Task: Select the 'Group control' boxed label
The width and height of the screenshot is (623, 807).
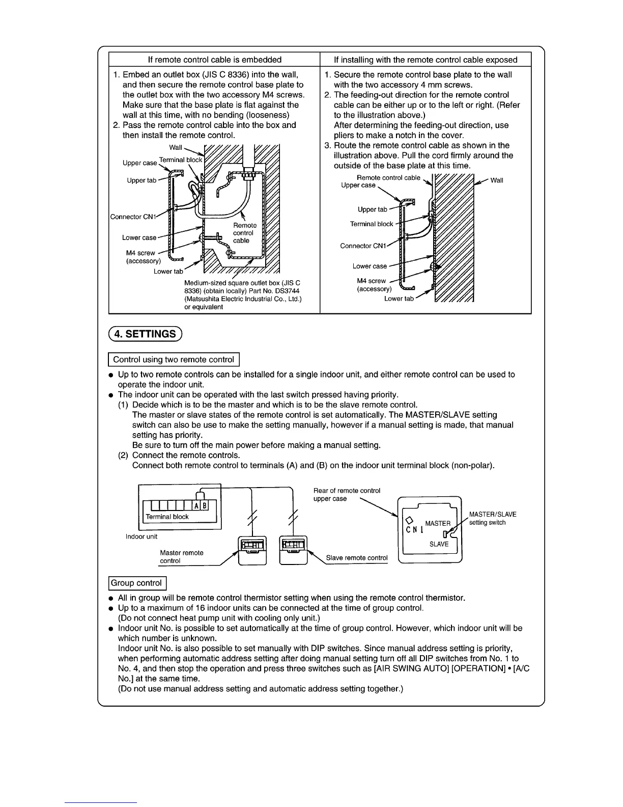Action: (136, 583)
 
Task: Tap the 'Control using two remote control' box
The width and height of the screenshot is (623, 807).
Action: (174, 360)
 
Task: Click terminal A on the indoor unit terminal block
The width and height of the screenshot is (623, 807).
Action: (196, 506)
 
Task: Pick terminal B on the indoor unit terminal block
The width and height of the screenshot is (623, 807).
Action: (205, 506)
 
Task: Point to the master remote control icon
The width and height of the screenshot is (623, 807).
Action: (253, 549)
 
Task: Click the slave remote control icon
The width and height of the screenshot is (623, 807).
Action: (294, 549)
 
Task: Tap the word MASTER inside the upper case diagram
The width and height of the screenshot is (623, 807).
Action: (438, 523)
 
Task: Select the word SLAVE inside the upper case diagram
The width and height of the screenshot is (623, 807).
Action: (439, 544)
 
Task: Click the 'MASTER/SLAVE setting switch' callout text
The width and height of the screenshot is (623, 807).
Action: (492, 519)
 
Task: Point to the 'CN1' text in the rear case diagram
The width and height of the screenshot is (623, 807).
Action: (414, 529)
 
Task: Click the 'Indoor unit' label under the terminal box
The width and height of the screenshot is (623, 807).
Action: (141, 536)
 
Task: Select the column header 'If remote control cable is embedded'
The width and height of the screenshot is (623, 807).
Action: (214, 60)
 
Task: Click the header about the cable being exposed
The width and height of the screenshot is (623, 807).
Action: (426, 60)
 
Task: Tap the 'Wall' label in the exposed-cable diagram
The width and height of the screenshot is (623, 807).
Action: (497, 180)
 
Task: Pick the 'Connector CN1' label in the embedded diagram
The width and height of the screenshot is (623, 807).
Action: (132, 217)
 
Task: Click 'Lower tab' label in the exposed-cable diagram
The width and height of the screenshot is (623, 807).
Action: (399, 299)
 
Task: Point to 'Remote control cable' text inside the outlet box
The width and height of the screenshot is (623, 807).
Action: (244, 233)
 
